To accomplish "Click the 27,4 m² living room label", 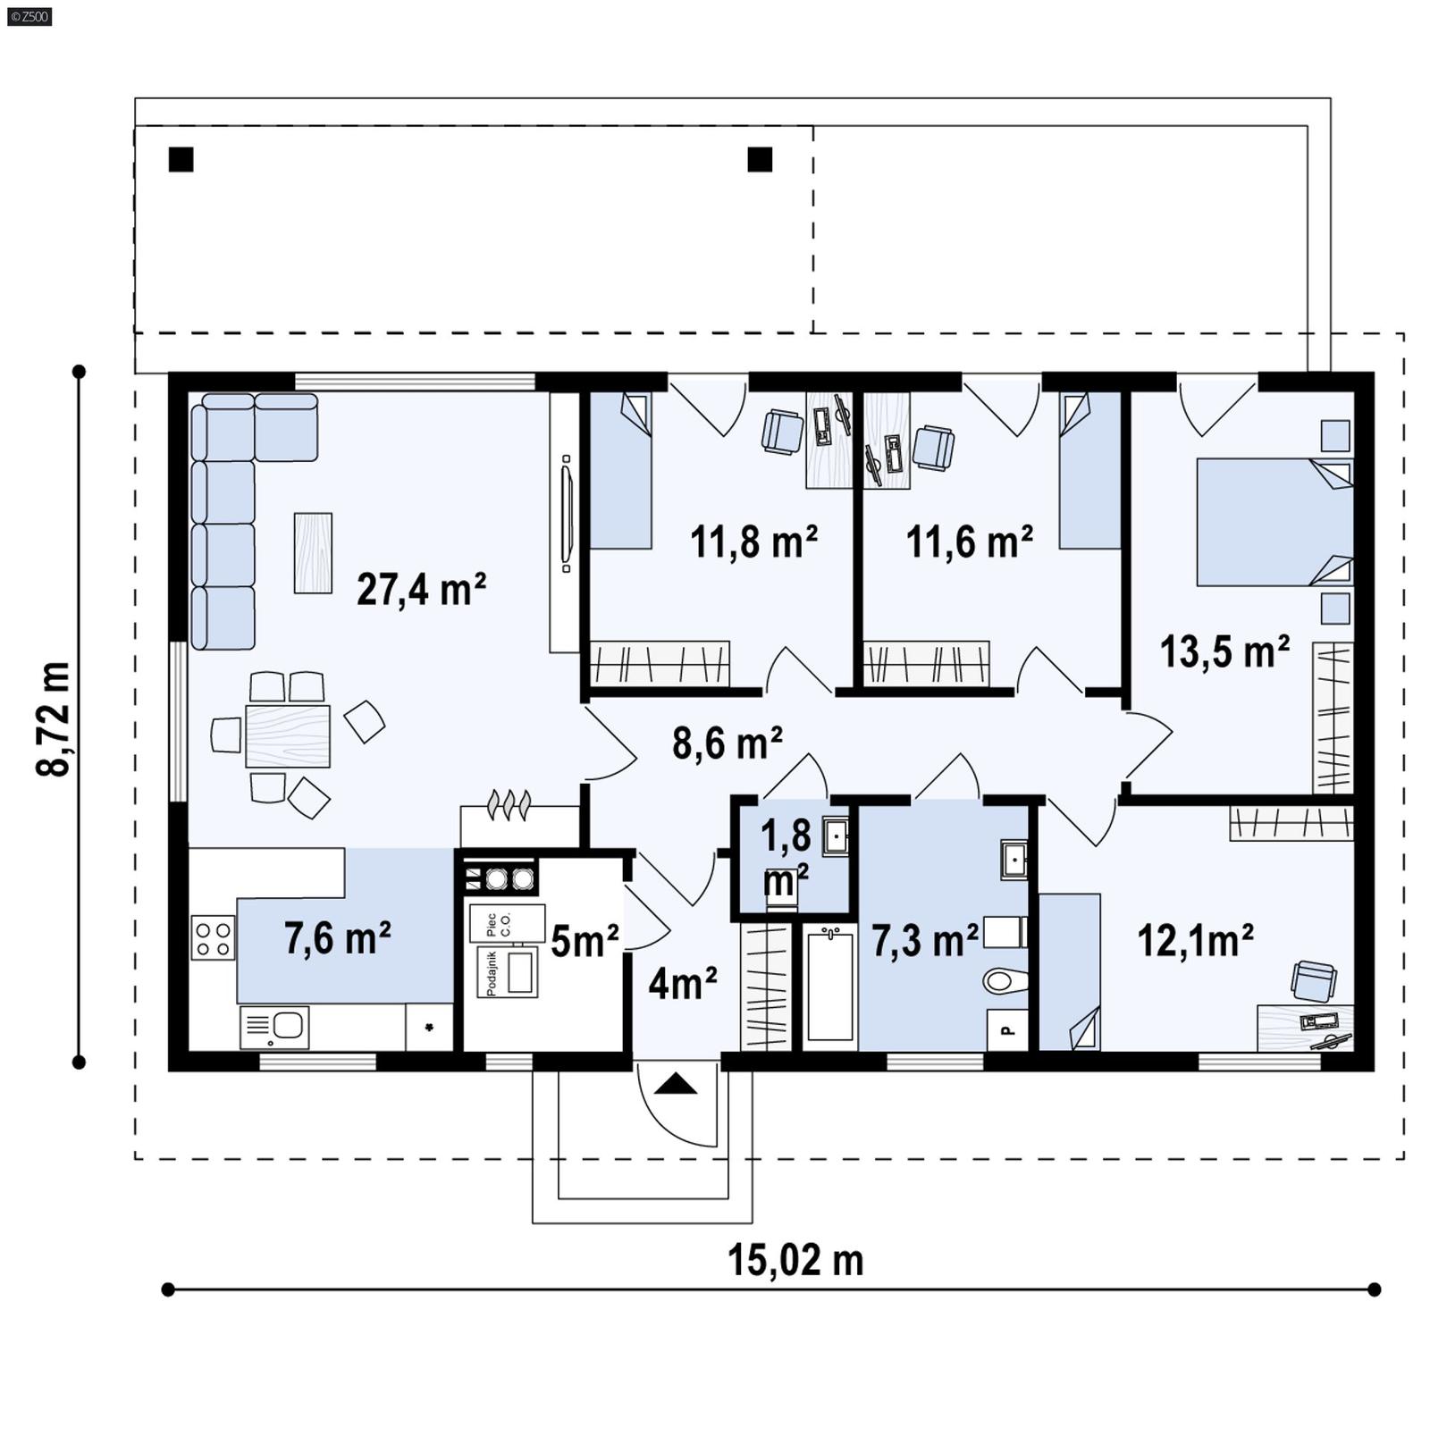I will pyautogui.click(x=421, y=590).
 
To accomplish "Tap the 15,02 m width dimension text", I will pyautogui.click(x=795, y=1260).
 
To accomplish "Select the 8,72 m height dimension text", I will pyautogui.click(x=54, y=718).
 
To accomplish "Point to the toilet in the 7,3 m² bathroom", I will pyautogui.click(x=1005, y=981).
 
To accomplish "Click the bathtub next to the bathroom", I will pyautogui.click(x=829, y=985).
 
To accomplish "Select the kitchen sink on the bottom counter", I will pyautogui.click(x=274, y=1027).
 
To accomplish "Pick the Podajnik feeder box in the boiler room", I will pyautogui.click(x=508, y=972).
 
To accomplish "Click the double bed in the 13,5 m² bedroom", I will pyautogui.click(x=1274, y=522).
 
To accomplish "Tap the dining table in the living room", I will pyautogui.click(x=287, y=736).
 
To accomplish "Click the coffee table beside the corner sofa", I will pyautogui.click(x=313, y=552).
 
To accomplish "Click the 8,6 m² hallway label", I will pyautogui.click(x=727, y=743).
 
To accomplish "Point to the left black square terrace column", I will pyautogui.click(x=181, y=159).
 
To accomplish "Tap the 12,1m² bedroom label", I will pyautogui.click(x=1194, y=940).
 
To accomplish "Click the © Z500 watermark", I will pyautogui.click(x=29, y=15).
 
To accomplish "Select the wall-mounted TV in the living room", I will pyautogui.click(x=566, y=514).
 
